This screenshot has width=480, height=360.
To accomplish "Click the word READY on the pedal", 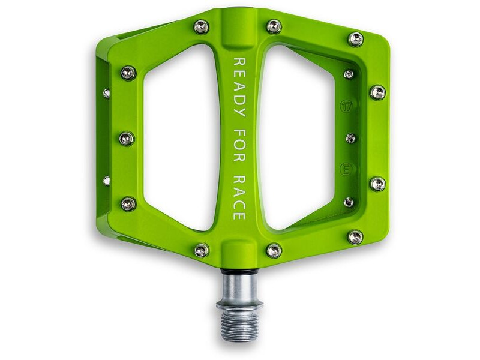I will point(238,87).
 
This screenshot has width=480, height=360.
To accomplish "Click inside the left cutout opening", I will point(180,138).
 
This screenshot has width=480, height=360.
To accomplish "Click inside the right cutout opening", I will point(297,138).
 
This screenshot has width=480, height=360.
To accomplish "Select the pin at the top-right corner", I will point(356,39).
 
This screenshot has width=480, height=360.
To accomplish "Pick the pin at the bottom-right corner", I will point(355,237).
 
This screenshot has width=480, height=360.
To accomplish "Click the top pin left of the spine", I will point(202,26).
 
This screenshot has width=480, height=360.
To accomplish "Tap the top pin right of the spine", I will point(274,26).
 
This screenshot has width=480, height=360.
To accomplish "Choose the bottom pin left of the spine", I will point(202,250).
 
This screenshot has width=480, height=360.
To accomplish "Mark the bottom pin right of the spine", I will point(274,250).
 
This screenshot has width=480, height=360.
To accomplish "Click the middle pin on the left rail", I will point(127,139).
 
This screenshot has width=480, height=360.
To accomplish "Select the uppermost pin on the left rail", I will point(128,73).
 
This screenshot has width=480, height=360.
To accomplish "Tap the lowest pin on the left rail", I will point(128,204).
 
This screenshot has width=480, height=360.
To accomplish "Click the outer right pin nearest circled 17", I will point(377,92).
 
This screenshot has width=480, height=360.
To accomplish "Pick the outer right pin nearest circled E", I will point(377,184).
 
